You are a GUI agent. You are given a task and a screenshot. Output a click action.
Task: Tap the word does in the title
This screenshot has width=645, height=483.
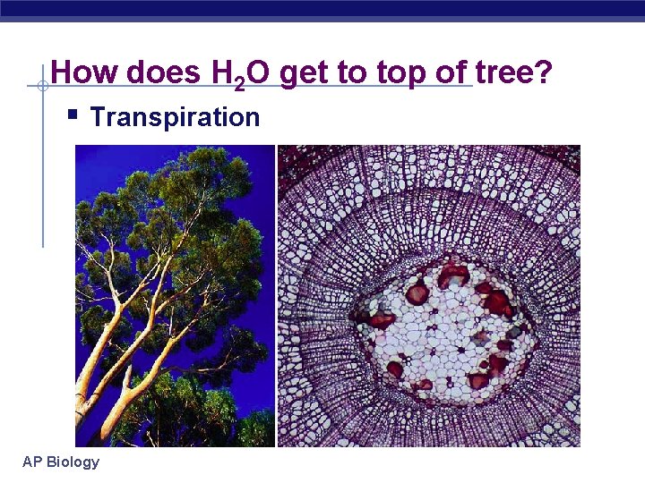(x=163, y=72)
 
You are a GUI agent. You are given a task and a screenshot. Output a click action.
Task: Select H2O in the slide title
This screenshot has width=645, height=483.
(x=238, y=73)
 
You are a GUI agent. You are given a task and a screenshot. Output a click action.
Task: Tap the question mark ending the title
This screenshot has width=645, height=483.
(x=544, y=72)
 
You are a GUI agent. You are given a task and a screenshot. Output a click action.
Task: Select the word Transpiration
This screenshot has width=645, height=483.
(x=175, y=117)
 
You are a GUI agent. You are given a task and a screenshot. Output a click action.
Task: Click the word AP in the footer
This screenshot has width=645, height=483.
(x=32, y=462)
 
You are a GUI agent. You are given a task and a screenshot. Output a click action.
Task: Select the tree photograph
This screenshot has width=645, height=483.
(x=175, y=295)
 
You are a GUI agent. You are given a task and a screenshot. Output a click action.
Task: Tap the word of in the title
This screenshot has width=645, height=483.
(x=449, y=72)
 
